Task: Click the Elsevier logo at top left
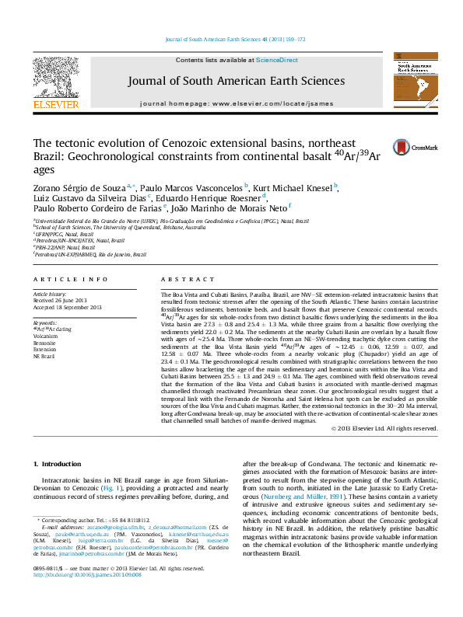coord(54,82)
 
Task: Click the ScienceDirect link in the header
coord(277,60)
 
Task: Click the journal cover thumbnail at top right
coord(419,83)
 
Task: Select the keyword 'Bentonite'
coord(44,343)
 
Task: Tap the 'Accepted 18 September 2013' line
coord(67,308)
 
